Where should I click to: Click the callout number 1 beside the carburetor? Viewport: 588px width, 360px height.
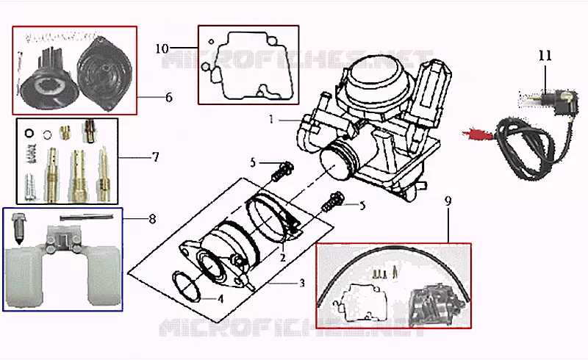pyautogui.click(x=271, y=120)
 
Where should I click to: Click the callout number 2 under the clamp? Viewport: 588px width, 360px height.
pyautogui.click(x=283, y=258)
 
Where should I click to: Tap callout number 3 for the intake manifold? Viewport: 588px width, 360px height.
pyautogui.click(x=302, y=283)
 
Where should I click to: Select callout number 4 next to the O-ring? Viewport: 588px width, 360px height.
pyautogui.click(x=221, y=299)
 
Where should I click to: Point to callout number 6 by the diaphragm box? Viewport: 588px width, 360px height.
pyautogui.click(x=169, y=98)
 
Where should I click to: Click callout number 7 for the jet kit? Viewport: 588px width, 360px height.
pyautogui.click(x=156, y=156)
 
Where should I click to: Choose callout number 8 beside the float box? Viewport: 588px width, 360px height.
pyautogui.click(x=152, y=219)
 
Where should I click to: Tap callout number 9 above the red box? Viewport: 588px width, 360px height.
pyautogui.click(x=448, y=201)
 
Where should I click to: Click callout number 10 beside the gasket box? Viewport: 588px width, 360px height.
pyautogui.click(x=162, y=48)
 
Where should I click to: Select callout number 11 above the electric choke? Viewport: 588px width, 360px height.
pyautogui.click(x=545, y=56)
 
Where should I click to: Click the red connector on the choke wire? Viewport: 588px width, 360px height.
pyautogui.click(x=476, y=134)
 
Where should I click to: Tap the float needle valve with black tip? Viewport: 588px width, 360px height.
pyautogui.click(x=17, y=229)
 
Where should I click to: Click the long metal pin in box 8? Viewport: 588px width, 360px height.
pyautogui.click(x=87, y=217)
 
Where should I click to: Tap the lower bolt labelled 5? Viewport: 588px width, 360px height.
pyautogui.click(x=331, y=203)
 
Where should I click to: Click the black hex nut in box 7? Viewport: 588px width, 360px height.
pyautogui.click(x=29, y=133)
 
